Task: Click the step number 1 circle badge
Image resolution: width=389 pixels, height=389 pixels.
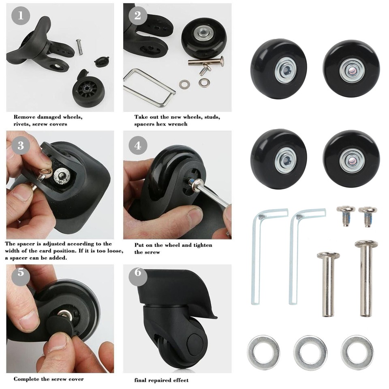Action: (21, 16)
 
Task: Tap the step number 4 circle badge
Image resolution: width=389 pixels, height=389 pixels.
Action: (138, 145)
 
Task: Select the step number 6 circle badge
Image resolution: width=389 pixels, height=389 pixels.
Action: (138, 272)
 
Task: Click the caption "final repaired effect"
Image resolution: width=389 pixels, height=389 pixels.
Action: (161, 380)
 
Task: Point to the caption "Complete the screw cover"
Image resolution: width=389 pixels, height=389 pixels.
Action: (49, 379)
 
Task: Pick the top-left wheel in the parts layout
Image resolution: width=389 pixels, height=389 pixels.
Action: (278, 68)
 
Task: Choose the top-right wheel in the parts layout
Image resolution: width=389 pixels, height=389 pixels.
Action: (351, 68)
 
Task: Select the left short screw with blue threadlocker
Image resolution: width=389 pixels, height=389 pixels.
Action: (346, 216)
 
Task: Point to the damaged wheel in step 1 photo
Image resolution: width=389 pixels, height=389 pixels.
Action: (88, 92)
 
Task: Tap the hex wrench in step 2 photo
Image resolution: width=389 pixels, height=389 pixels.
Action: (150, 87)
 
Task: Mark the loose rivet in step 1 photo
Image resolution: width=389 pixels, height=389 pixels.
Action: (79, 46)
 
